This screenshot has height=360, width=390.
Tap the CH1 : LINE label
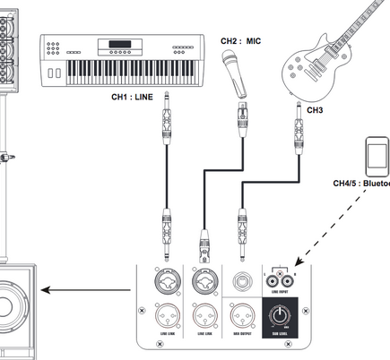[133, 95]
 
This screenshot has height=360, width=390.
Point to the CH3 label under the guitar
[315, 109]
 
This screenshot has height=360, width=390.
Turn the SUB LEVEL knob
[282, 315]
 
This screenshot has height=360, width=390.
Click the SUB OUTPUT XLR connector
[241, 315]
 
